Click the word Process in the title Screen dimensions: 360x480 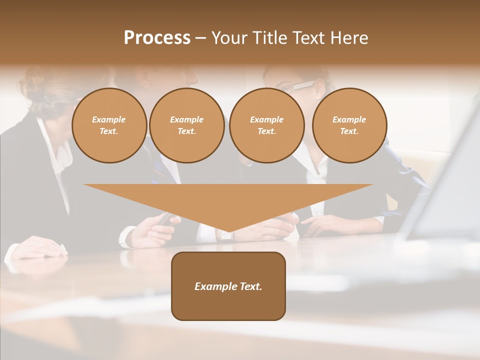(x=157, y=38)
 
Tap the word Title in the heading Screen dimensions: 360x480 (x=268, y=38)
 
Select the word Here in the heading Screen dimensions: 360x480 (x=349, y=38)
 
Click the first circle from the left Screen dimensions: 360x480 (x=109, y=125)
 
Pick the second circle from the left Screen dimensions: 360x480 (x=187, y=125)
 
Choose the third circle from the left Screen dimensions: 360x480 (x=266, y=125)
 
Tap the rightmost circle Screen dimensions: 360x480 (x=349, y=125)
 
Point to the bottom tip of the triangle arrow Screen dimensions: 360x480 (x=228, y=232)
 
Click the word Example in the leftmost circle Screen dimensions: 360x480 (x=109, y=119)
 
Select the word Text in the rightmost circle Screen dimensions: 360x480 (x=349, y=131)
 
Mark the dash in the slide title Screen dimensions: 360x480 (x=200, y=38)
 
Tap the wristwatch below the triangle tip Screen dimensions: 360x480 (x=226, y=236)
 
